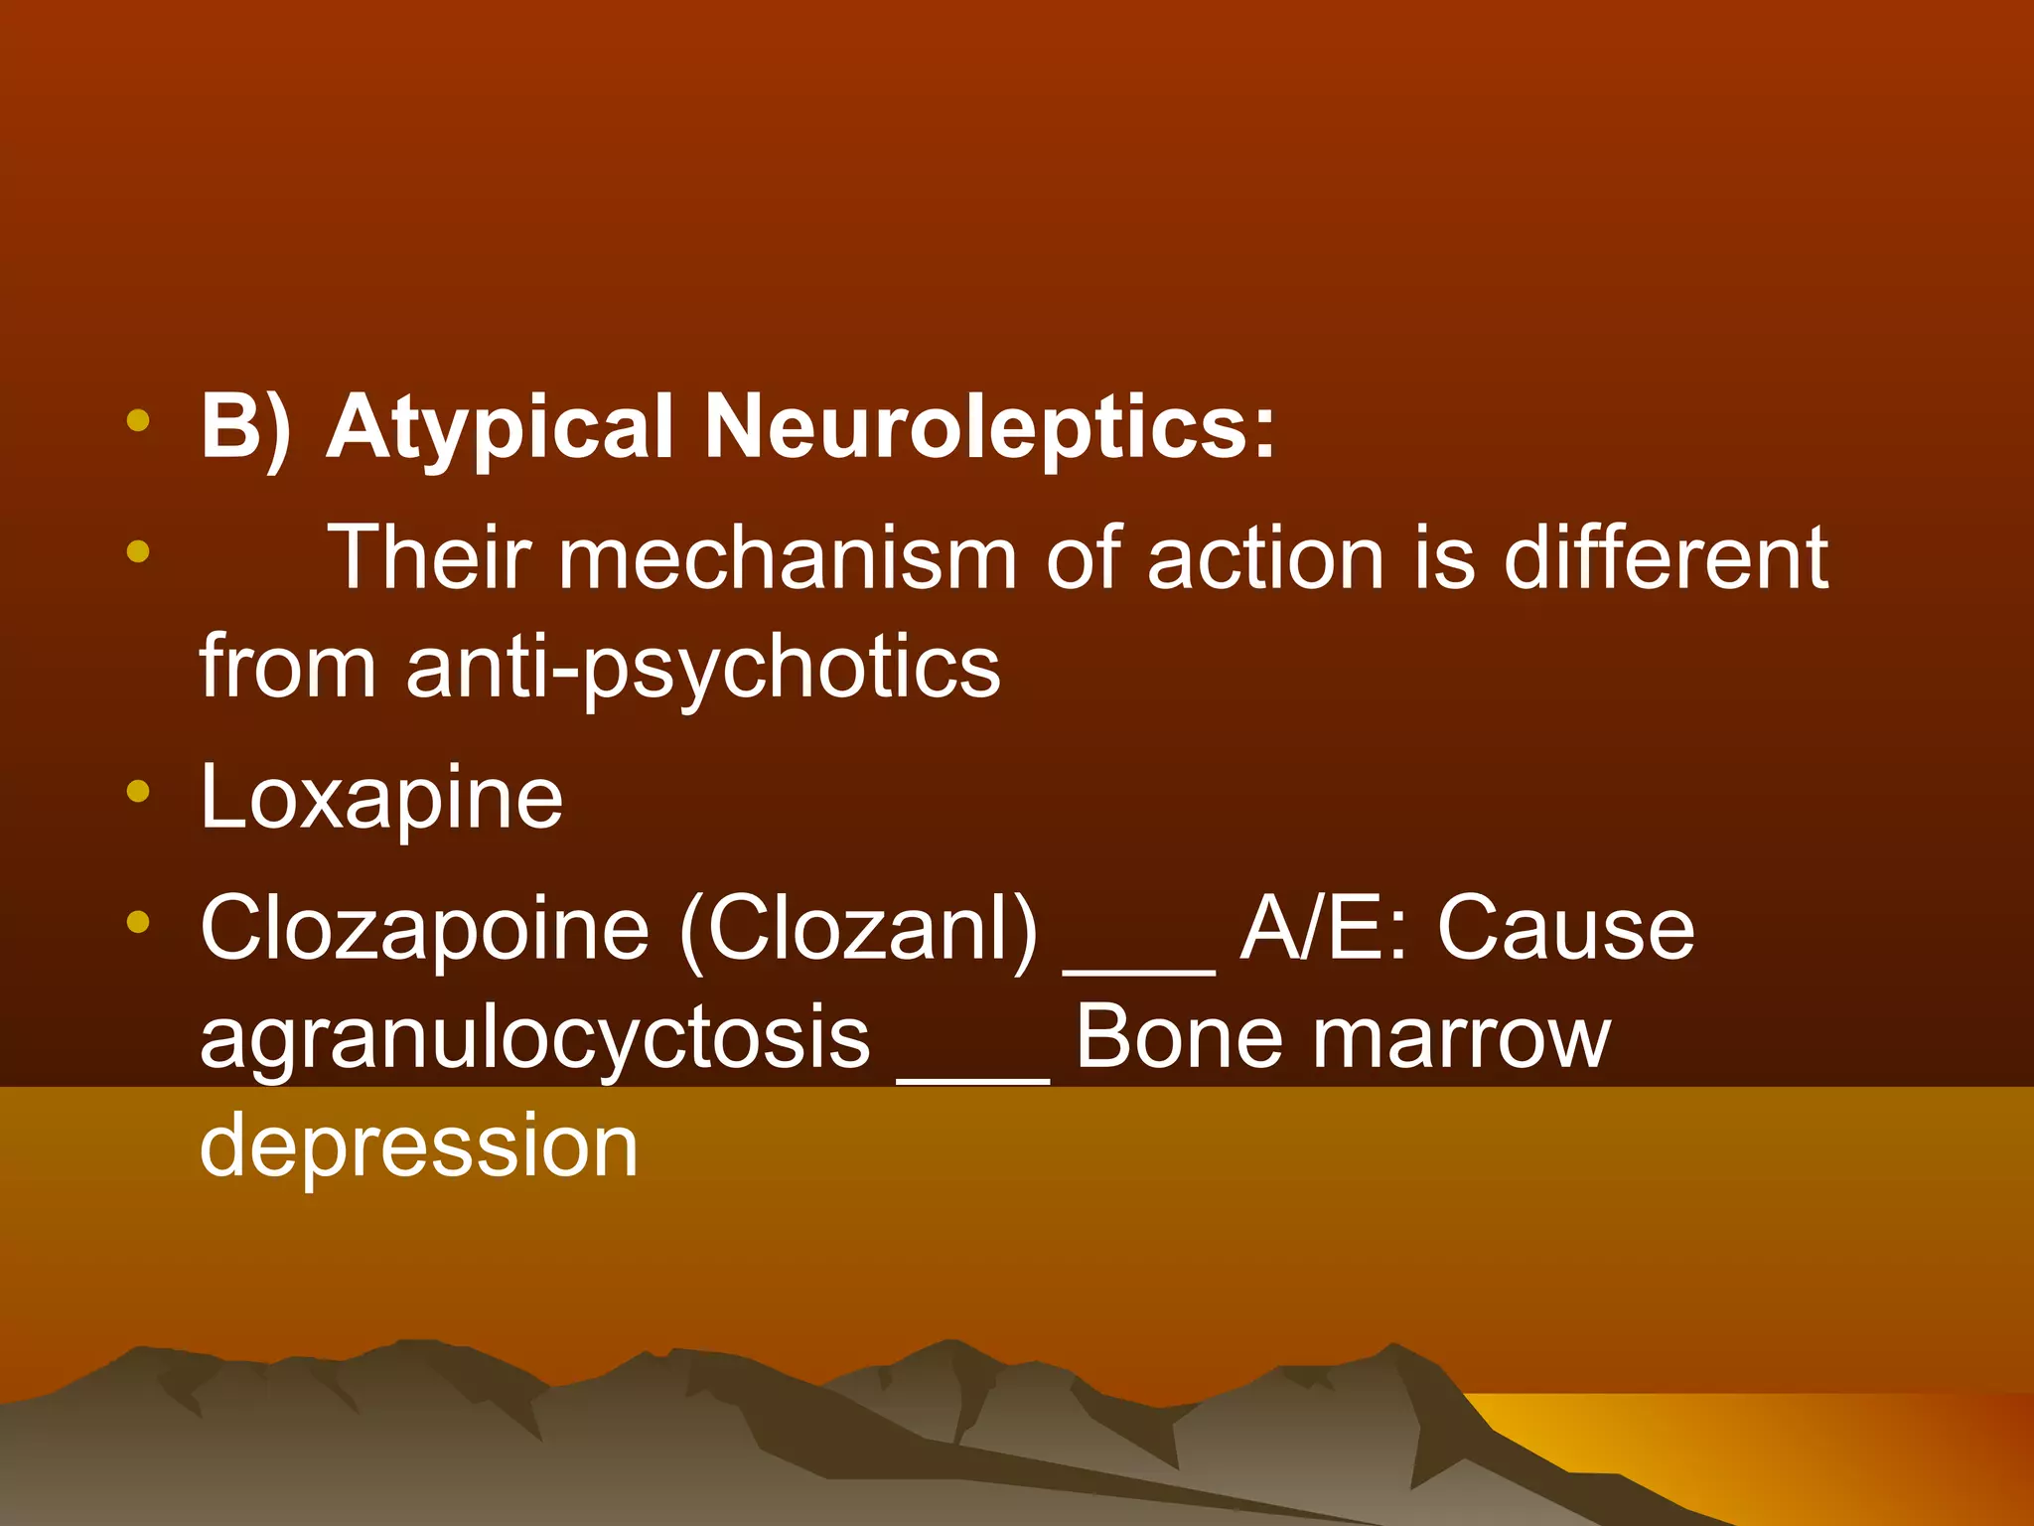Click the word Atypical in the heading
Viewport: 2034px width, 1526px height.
coord(501,428)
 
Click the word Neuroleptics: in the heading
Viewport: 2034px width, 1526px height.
coord(989,428)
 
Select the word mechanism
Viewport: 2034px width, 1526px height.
coord(788,558)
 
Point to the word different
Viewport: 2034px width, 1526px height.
coord(1666,558)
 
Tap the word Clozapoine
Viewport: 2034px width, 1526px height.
coord(424,928)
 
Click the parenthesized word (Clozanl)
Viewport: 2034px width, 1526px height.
coord(858,928)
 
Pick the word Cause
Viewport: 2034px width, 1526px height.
coord(1566,928)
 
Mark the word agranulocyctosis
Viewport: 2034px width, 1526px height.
coord(534,1038)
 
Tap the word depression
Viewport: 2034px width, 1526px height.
coord(418,1146)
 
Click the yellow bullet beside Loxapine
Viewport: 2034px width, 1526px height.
coord(138,792)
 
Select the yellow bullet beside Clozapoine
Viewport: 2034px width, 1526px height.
coord(138,922)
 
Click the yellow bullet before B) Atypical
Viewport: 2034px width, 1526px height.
coord(138,421)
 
